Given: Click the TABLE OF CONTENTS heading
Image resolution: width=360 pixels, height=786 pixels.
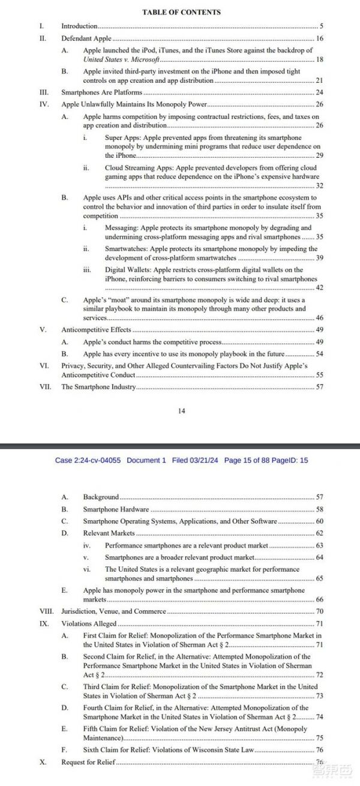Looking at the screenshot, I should (x=181, y=12).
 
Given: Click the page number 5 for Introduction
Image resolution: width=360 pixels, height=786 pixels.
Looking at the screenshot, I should (x=322, y=26).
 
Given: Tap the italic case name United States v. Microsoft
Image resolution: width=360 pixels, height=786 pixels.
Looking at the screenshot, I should (x=122, y=60).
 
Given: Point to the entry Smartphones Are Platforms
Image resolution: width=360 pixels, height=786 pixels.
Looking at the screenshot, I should (x=102, y=92).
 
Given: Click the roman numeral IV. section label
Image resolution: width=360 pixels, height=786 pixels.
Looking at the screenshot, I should (x=43, y=104).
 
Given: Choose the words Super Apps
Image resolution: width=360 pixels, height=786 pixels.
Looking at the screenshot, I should (x=121, y=138).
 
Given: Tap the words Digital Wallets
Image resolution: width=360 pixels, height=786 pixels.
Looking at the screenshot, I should (x=126, y=270).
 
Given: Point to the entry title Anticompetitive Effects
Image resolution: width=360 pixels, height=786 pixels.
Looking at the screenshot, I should (x=96, y=330).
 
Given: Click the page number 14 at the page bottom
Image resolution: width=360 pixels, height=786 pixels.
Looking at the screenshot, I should (x=182, y=411).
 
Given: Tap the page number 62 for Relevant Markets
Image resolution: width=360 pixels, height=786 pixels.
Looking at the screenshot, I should (x=319, y=533).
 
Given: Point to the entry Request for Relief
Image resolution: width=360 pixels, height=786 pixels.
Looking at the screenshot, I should (x=88, y=762).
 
